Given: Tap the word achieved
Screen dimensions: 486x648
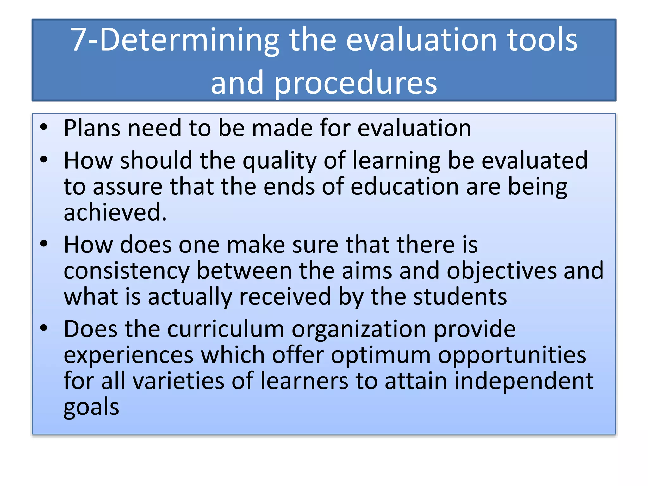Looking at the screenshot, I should coord(115,212).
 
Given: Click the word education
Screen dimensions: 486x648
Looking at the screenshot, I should coord(405,186).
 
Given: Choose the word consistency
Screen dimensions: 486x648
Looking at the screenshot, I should coord(127,271).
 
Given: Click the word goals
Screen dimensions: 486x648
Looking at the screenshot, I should coord(91,408).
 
